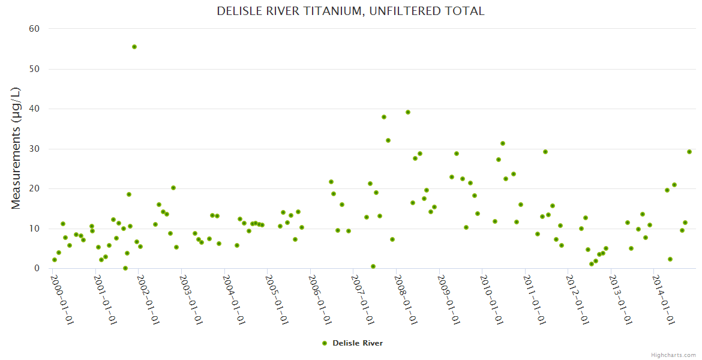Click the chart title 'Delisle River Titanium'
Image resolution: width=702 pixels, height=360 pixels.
[350, 11]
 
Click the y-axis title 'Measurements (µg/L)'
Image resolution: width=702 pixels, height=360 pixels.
[16, 148]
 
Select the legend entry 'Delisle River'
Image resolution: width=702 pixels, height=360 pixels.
[352, 343]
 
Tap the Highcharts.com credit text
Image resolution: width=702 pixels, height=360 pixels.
[673, 355]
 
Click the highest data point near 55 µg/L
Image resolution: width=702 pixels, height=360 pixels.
[134, 47]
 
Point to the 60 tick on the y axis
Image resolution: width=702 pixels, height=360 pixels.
[34, 29]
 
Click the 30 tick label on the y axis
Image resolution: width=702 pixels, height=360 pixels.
[34, 149]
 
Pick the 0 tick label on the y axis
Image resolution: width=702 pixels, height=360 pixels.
[37, 269]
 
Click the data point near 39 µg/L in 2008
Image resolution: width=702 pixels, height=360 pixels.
[408, 112]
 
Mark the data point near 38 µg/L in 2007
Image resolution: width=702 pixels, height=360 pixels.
[384, 117]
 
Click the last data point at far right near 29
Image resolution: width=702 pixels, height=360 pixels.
[689, 152]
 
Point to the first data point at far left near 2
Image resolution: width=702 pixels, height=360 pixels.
[55, 260]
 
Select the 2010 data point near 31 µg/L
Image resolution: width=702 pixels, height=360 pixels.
[503, 143]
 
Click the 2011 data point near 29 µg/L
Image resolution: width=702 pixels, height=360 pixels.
[545, 152]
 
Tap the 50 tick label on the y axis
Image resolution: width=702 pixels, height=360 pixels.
[34, 69]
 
